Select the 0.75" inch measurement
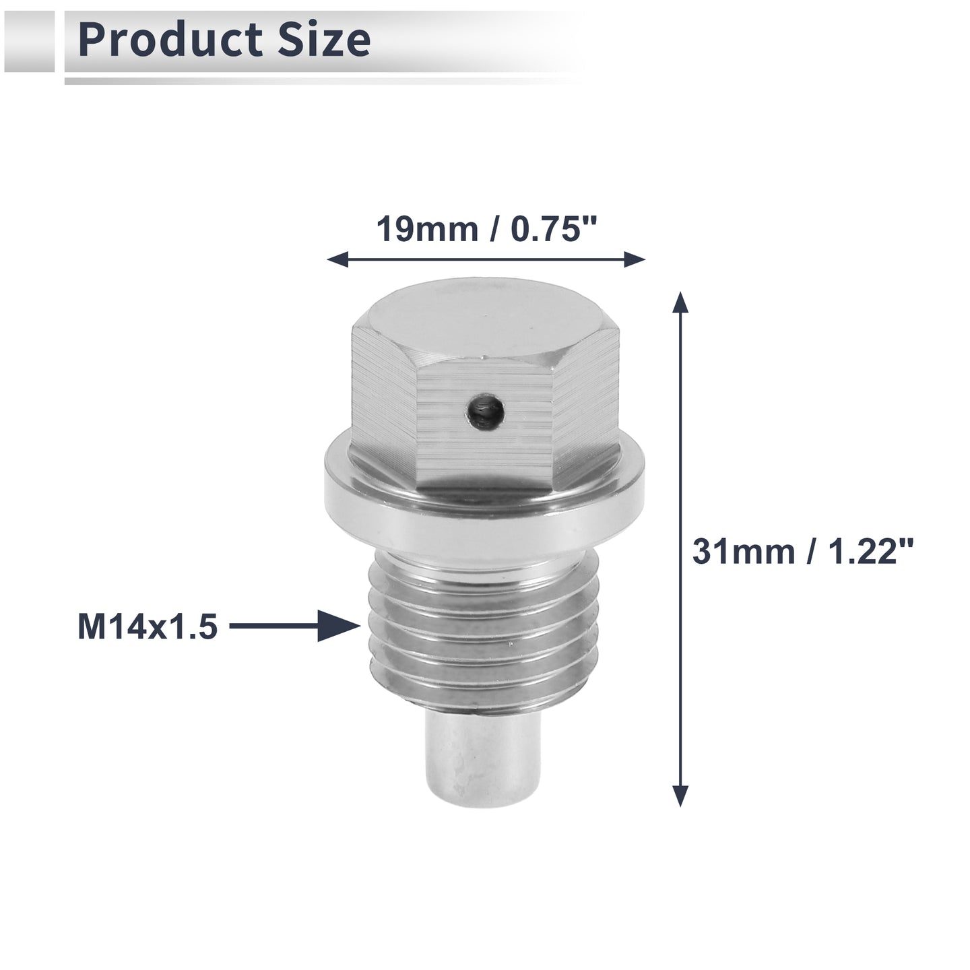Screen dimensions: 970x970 pos(553,229)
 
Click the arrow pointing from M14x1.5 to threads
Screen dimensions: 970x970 pos(296,626)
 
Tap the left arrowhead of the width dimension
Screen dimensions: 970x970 pos(337,260)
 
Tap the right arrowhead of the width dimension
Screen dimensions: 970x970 pos(635,260)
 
